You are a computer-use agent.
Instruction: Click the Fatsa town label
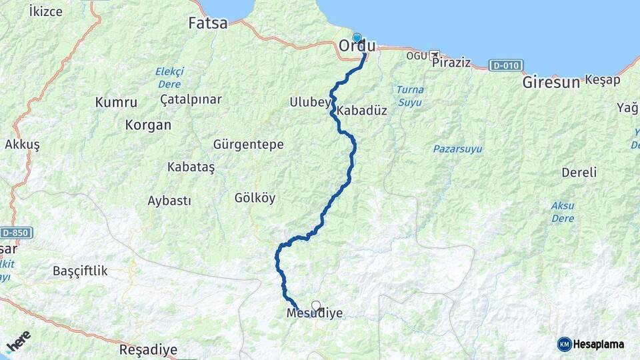pos(207,23)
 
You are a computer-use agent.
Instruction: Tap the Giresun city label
pos(551,83)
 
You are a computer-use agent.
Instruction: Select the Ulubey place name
pos(310,102)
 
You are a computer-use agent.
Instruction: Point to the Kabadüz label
pos(362,111)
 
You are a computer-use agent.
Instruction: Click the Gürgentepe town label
pos(248,145)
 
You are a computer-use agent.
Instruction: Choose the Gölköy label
pos(255,198)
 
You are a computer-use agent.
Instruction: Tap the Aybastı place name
pos(169,201)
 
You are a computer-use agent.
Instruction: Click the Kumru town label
pos(116,103)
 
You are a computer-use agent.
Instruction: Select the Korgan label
pos(148,125)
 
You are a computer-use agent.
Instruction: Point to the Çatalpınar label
pos(191,99)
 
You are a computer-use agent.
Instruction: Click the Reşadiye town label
pos(148,349)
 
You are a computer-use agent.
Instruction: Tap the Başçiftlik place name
pos(80,271)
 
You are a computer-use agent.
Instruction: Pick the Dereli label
pos(579,173)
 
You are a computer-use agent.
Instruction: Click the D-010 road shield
pos(506,65)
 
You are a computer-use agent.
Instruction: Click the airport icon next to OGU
pos(435,55)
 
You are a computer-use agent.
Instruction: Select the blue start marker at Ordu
pos(357,38)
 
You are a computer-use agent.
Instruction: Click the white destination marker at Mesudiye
pos(316,306)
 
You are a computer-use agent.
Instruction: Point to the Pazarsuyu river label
pos(457,149)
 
